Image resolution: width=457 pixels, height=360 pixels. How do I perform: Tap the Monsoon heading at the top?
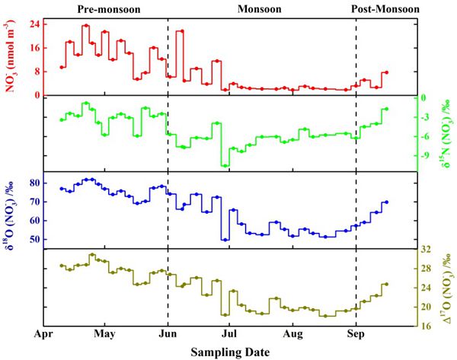point(259,9)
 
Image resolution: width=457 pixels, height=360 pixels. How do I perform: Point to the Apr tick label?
point(43,334)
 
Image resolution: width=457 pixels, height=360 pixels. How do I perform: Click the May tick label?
point(104,334)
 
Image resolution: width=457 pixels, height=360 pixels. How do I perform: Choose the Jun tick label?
point(168,334)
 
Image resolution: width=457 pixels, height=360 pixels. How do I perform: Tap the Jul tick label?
point(229,334)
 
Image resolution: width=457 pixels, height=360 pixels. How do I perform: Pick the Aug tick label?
point(292,334)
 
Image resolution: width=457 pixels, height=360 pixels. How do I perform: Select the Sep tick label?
point(356,334)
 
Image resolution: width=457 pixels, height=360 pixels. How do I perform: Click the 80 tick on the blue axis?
point(34,183)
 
